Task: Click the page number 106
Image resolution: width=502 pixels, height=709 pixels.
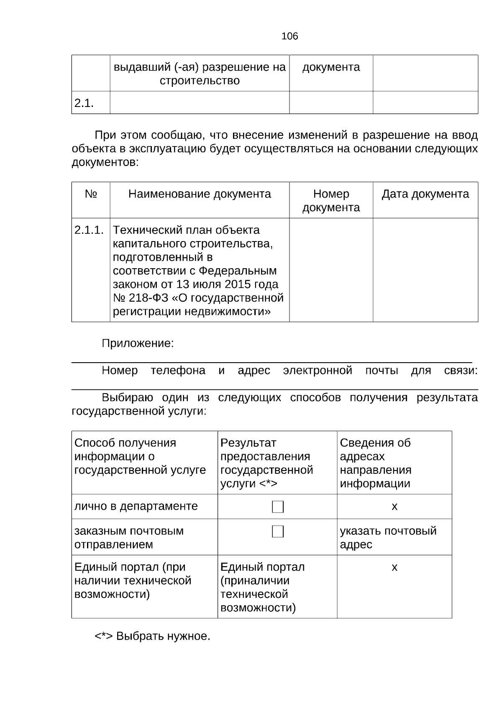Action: tap(289, 36)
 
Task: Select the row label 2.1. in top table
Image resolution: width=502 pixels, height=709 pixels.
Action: tap(84, 103)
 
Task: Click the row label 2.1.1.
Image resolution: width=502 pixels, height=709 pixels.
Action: tap(89, 230)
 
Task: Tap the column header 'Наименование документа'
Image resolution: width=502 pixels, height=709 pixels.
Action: tap(200, 194)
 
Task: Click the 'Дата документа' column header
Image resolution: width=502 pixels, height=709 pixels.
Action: tap(425, 194)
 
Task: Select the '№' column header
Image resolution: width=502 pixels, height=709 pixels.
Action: tap(91, 194)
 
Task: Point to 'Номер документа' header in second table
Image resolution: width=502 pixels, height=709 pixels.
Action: tap(331, 201)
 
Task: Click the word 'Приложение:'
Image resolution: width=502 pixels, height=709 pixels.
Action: tap(138, 344)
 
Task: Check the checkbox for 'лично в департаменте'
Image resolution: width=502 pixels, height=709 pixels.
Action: tap(278, 507)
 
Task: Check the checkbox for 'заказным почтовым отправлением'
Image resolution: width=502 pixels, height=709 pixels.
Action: tap(278, 532)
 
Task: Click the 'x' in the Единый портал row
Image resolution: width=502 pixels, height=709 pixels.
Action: tap(394, 568)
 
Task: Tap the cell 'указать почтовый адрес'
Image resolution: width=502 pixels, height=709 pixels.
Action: tap(388, 538)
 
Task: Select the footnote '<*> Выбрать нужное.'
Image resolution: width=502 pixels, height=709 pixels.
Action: tap(152, 636)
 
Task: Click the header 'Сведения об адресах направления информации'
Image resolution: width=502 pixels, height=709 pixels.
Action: tap(375, 463)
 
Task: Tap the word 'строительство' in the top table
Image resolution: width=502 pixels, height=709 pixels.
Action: tap(200, 81)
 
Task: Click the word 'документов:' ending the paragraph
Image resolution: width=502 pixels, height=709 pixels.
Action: tap(105, 163)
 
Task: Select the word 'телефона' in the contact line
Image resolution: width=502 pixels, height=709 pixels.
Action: tap(178, 371)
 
